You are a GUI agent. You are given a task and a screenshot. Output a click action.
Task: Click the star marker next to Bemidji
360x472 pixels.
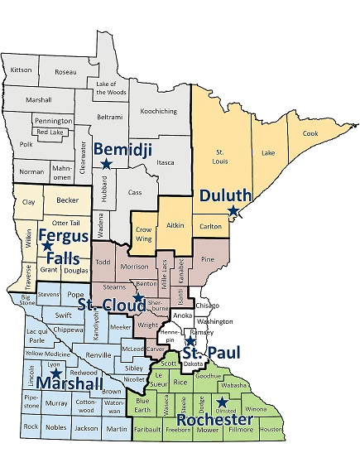(x=106, y=164)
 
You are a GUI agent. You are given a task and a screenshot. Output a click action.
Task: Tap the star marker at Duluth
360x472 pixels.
(x=233, y=212)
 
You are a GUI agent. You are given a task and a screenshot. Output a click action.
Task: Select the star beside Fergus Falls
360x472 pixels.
(x=47, y=247)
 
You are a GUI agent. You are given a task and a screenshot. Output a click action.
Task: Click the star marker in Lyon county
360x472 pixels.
(x=56, y=373)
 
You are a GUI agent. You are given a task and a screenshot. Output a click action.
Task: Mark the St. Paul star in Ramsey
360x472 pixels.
(x=190, y=340)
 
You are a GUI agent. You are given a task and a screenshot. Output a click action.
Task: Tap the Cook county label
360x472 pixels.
(x=310, y=133)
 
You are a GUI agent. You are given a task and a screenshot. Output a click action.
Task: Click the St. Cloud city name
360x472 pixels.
(x=107, y=305)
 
